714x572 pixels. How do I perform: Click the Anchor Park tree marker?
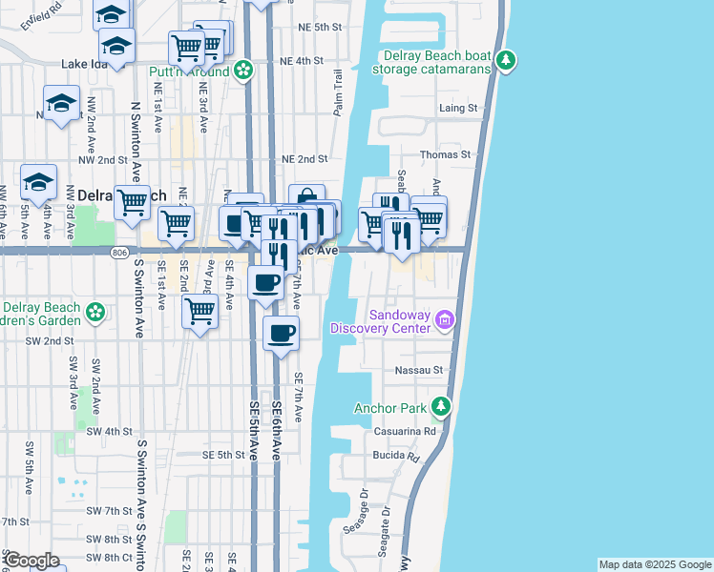pyautogui.click(x=441, y=407)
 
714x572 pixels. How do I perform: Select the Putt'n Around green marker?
pyautogui.click(x=243, y=70)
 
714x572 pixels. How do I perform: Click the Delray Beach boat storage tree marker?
pyautogui.click(x=507, y=62)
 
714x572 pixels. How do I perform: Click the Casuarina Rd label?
pyautogui.click(x=410, y=431)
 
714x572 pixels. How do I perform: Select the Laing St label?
pyautogui.click(x=458, y=109)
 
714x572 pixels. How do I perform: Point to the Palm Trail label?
pyautogui.click(x=338, y=93)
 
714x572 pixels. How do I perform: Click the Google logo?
pyautogui.click(x=32, y=561)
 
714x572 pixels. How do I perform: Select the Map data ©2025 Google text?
pyautogui.click(x=654, y=564)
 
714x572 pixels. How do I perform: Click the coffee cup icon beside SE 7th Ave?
pyautogui.click(x=281, y=334)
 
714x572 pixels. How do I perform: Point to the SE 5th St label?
pyautogui.click(x=223, y=456)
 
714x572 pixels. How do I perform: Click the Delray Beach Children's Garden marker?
pyautogui.click(x=94, y=312)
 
